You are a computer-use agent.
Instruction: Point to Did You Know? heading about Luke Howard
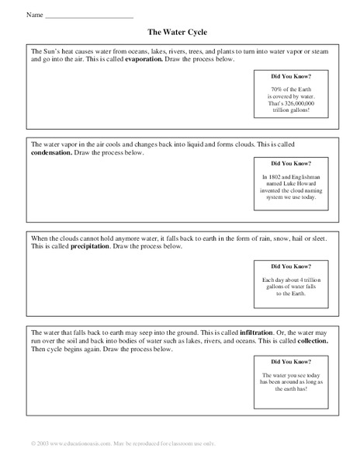(x=291, y=164)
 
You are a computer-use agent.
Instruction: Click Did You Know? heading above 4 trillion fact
(x=291, y=264)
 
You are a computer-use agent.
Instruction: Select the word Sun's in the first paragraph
(x=55, y=50)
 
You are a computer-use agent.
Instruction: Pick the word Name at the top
(x=33, y=16)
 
